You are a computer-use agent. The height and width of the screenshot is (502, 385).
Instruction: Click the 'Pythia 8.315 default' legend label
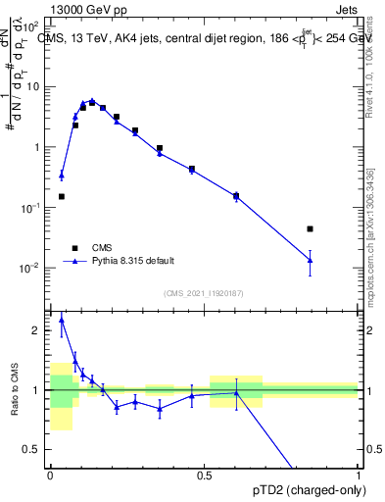133,261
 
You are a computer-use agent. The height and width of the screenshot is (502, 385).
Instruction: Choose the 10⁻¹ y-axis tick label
31,208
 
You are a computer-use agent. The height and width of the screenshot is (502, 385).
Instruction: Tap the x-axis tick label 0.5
204,475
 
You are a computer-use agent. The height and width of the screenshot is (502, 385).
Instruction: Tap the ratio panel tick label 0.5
32,449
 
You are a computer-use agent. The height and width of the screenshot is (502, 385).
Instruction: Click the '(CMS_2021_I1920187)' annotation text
203,293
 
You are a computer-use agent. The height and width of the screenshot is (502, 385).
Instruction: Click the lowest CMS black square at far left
62,196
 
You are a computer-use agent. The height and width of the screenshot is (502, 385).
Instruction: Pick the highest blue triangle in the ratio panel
62,320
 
